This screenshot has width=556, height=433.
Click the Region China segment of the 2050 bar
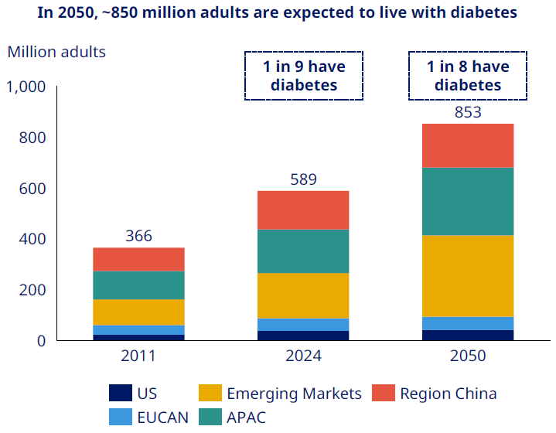click(x=468, y=145)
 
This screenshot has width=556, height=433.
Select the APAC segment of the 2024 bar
click(x=303, y=251)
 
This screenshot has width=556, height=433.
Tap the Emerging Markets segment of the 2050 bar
click(x=468, y=276)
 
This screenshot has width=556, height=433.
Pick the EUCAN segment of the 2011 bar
click(x=139, y=329)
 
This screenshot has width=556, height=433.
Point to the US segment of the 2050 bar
click(x=468, y=335)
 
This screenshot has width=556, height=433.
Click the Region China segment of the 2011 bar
click(x=139, y=259)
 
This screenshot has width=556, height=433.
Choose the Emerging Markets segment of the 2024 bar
click(x=303, y=295)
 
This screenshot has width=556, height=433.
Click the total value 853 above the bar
click(x=468, y=112)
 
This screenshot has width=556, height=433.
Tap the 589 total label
click(x=303, y=179)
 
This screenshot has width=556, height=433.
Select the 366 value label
click(x=139, y=237)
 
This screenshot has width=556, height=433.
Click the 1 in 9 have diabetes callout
click(x=304, y=76)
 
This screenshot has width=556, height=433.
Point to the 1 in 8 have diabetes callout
click(x=468, y=76)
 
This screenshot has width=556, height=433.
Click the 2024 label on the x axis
click(x=303, y=356)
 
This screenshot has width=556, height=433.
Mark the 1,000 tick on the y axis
click(x=26, y=87)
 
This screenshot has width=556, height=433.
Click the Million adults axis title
click(x=56, y=53)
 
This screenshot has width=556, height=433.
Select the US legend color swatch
click(x=121, y=394)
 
